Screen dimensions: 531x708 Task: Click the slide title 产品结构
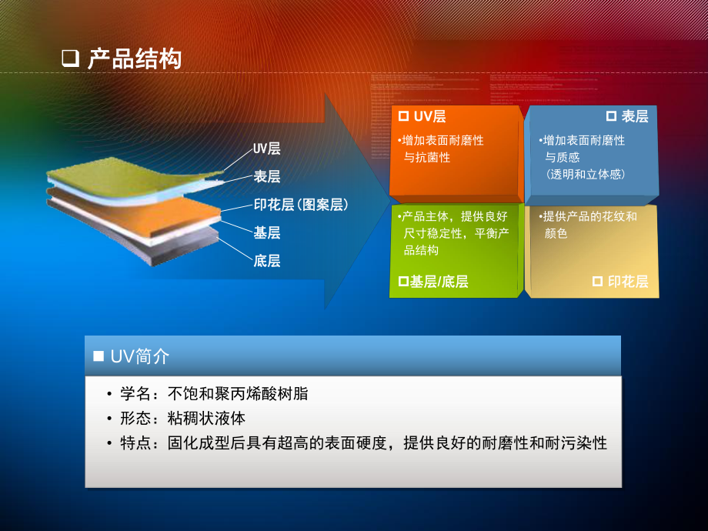[135, 58]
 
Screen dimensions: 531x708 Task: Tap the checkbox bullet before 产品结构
[70, 58]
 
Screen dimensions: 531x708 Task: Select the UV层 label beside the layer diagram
[267, 149]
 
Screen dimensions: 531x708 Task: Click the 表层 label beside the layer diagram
[267, 177]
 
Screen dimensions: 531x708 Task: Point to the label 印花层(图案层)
[302, 205]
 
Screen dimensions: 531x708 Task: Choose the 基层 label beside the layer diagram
[267, 232]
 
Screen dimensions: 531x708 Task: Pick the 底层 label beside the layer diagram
[267, 261]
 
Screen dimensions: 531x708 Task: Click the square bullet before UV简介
[98, 356]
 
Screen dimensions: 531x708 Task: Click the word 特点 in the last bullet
[136, 443]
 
